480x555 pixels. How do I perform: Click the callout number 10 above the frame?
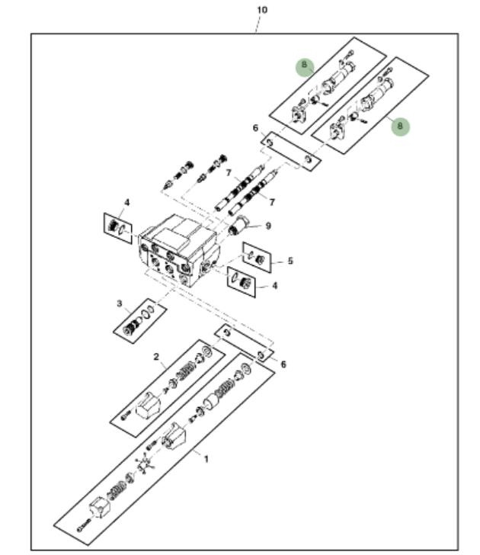click(262, 10)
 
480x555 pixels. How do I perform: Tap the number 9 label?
click(267, 226)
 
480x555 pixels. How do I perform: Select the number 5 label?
click(290, 261)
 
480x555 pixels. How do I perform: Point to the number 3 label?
click(120, 303)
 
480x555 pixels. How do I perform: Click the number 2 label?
click(155, 357)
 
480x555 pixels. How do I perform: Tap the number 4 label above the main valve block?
click(127, 202)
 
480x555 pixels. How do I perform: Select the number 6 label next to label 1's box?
click(283, 364)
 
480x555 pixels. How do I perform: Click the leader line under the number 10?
click(258, 24)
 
